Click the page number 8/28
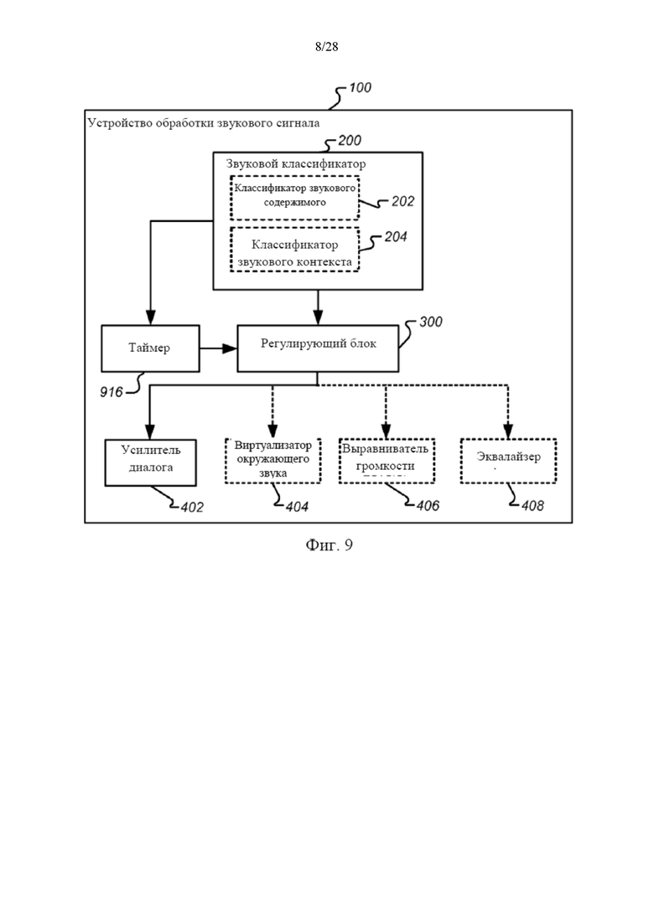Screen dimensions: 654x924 tap(327, 47)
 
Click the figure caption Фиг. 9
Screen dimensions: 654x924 tap(329, 545)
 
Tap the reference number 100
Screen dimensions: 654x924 tap(360, 88)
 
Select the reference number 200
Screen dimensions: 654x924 tap(350, 141)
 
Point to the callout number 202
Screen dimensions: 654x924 tap(402, 202)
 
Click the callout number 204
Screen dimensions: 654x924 tap(396, 237)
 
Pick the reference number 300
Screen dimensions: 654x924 tap(430, 323)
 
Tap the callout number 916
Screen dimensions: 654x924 tap(112, 392)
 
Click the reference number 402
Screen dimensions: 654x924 tap(192, 508)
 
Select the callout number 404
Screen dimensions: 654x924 tap(297, 507)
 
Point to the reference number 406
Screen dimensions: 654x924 tap(428, 506)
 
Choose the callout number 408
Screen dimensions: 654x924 tap(532, 506)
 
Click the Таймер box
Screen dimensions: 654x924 tap(150, 348)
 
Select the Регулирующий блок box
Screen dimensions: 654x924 tap(318, 348)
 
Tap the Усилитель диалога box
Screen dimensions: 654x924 tap(150, 462)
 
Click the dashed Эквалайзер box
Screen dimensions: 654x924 tap(508, 462)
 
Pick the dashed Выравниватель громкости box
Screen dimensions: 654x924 tap(387, 462)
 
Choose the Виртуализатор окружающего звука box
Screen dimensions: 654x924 tap(272, 461)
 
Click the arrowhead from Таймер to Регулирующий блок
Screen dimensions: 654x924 tap(230, 348)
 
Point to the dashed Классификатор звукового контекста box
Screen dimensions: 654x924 tap(295, 250)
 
